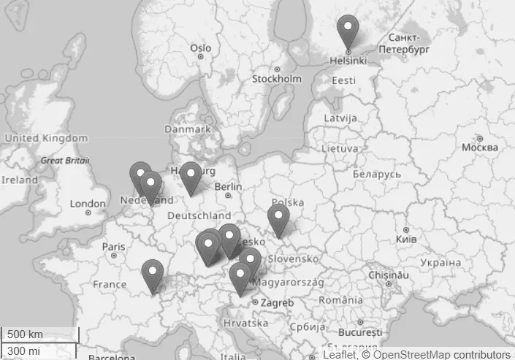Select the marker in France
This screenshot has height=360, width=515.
click(152, 275)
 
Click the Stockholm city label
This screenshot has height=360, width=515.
click(276, 79)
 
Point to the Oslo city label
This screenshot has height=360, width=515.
click(200, 48)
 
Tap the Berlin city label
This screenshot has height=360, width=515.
click(228, 186)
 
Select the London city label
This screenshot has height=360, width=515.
click(88, 204)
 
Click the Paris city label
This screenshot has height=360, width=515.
click(113, 246)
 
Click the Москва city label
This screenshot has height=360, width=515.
click(479, 148)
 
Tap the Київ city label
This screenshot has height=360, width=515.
click(405, 240)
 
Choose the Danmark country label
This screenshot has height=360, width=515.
click(188, 129)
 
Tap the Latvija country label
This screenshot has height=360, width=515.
click(340, 118)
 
